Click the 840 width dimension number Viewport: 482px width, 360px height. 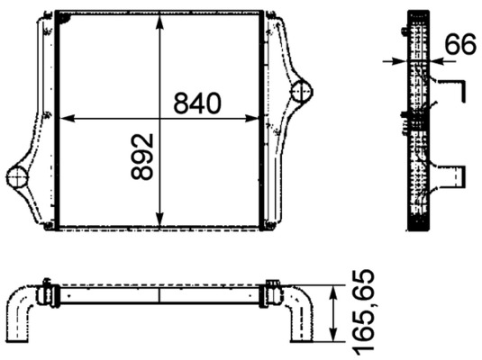[197, 103]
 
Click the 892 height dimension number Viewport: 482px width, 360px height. [142, 156]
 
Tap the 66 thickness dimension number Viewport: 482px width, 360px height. [460, 44]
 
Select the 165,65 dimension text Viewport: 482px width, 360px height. [363, 311]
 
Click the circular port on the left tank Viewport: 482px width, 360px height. [17, 177]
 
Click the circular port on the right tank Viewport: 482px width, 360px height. [302, 91]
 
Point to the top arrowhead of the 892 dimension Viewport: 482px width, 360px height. [159, 22]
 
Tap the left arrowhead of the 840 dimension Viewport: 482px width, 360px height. [67, 118]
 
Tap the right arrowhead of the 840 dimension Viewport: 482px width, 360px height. [252, 118]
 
